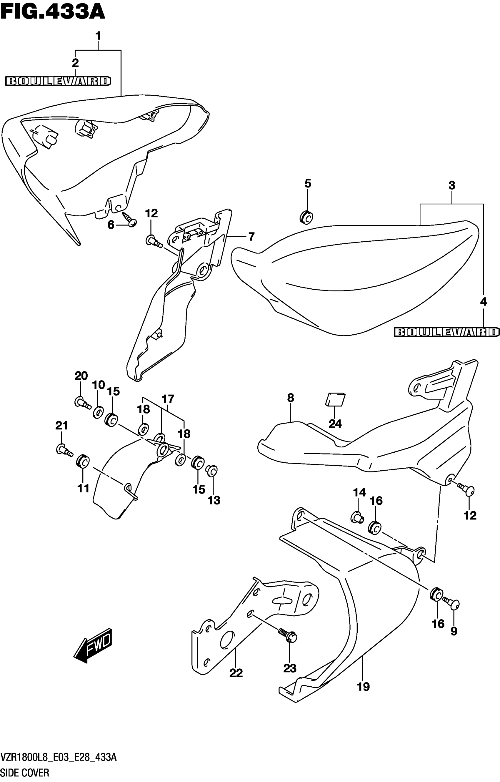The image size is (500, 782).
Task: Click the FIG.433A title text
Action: (53, 12)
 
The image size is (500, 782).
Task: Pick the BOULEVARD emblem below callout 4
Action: (446, 332)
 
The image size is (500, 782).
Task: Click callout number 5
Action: (308, 184)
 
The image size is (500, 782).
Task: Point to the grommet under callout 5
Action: (306, 217)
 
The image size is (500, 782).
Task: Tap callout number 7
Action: (251, 237)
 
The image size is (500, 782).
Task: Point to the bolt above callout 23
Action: (287, 635)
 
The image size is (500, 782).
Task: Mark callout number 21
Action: (62, 425)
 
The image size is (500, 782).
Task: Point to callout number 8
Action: (290, 398)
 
